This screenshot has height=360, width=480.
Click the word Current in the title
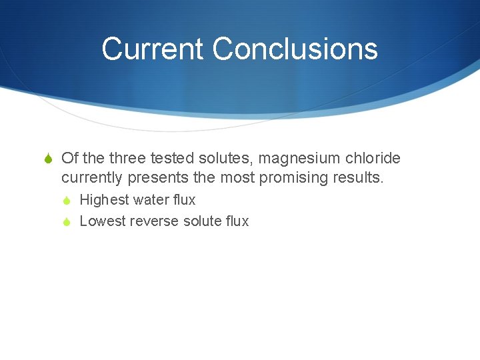tap(153, 49)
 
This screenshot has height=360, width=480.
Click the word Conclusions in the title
tap(295, 49)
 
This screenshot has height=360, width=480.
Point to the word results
tap(358, 178)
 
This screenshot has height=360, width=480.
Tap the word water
tap(152, 200)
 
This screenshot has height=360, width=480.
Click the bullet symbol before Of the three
tap(49, 159)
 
